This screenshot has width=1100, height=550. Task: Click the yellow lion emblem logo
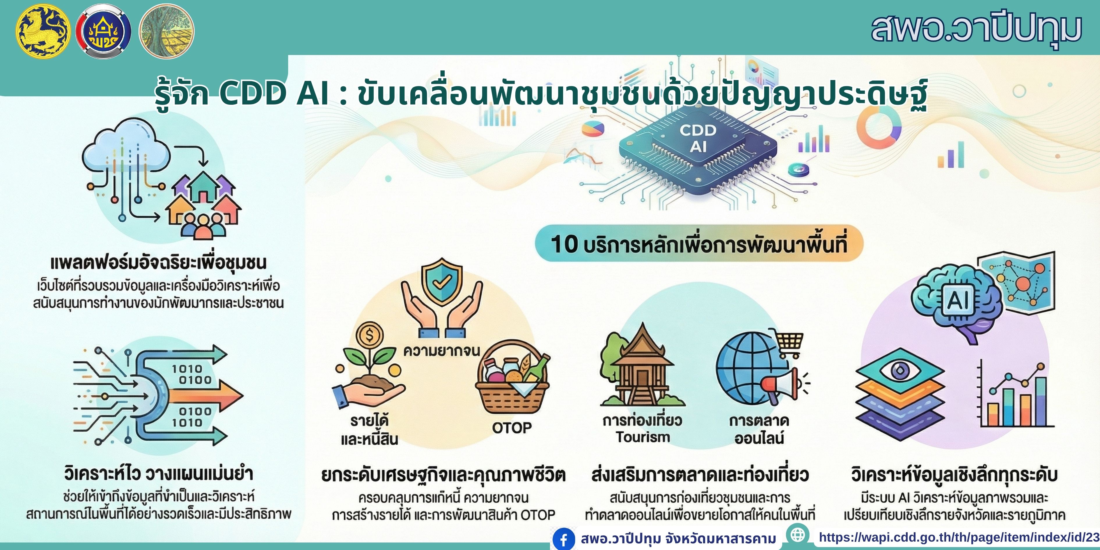43,32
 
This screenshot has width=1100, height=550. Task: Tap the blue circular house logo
103,32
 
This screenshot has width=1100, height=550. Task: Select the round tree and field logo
166,32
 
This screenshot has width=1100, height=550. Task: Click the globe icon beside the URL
797,535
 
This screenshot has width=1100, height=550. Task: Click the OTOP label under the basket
512,427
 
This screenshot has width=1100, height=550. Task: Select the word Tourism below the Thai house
643,437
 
